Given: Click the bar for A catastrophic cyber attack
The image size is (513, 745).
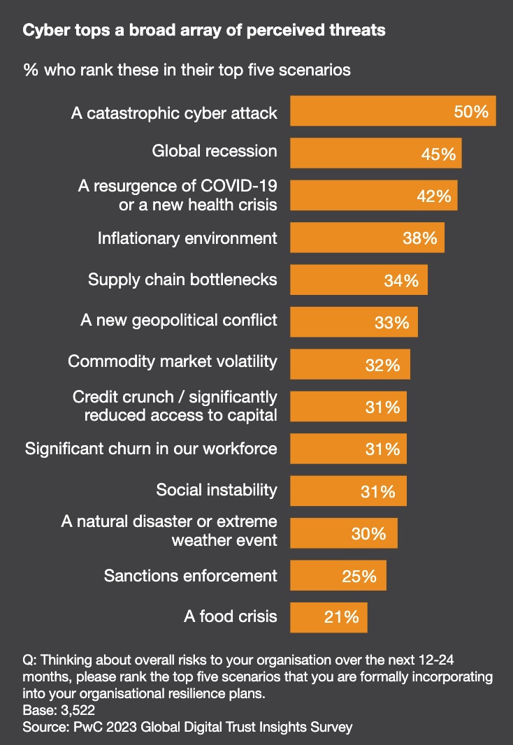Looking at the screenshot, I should click(393, 111).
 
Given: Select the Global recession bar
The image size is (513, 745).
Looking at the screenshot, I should click(376, 153).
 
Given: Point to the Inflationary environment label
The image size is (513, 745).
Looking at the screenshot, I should click(187, 238).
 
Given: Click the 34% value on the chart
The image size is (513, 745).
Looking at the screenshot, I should click(401, 280).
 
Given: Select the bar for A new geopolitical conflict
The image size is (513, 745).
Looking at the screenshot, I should click(354, 322).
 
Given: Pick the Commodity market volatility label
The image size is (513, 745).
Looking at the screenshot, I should click(173, 362).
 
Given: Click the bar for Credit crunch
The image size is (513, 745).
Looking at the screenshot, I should click(348, 406).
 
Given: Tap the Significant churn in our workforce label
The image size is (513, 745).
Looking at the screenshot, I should click(151, 448).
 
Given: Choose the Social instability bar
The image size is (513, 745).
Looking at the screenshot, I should click(348, 491).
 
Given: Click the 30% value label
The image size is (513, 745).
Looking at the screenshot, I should click(368, 533).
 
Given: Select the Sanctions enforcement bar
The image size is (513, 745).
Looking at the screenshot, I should click(338, 575).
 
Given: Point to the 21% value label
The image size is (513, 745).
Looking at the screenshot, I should click(341, 617).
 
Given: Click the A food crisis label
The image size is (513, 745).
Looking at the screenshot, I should click(231, 616).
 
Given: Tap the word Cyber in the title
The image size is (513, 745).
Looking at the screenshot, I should click(43, 31).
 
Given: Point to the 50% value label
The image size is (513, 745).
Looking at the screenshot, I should click(471, 111).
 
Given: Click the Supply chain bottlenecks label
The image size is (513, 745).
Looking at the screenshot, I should click(182, 280).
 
